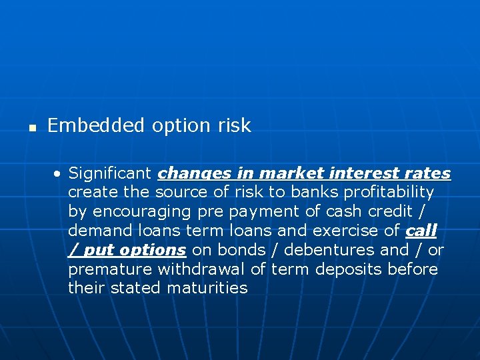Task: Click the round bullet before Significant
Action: coord(59,174)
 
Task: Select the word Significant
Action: coord(110,173)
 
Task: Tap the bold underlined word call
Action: coord(421,231)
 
